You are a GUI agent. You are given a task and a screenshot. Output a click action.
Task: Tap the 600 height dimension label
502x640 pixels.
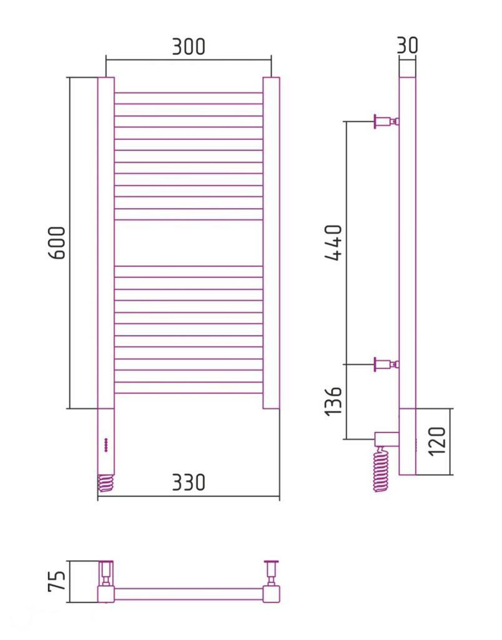click(56, 243)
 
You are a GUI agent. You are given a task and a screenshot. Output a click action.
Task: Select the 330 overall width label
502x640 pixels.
click(189, 482)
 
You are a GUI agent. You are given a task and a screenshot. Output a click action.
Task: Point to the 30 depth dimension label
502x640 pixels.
click(407, 45)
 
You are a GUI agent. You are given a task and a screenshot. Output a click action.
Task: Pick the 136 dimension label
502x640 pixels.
click(333, 401)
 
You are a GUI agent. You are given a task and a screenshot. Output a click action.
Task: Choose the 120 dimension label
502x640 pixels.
click(437, 442)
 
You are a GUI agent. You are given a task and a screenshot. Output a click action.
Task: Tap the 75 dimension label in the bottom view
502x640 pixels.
click(56, 581)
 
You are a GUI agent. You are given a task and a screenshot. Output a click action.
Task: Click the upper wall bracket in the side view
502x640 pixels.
click(386, 121)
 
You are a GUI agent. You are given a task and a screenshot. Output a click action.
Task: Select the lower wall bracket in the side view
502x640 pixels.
click(386, 364)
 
